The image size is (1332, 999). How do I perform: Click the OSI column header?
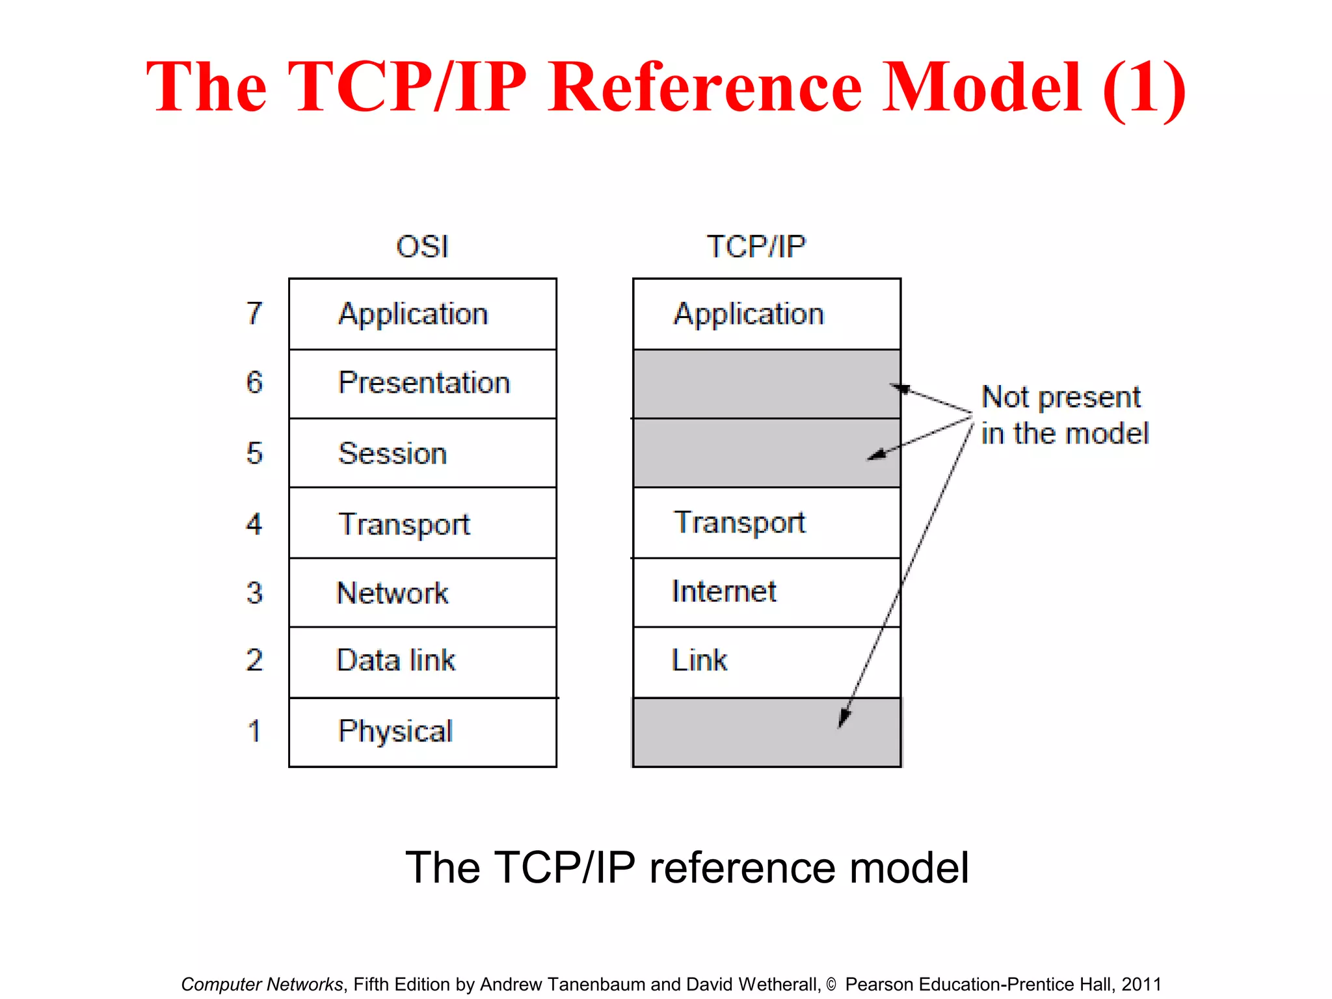pos(422,247)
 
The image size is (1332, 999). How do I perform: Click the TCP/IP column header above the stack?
pos(756,247)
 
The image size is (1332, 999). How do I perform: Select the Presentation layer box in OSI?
pos(423,383)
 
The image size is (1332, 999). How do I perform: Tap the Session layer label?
pos(392,453)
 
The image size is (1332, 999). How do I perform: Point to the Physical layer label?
pos(395,731)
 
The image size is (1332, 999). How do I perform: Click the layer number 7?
pos(254,313)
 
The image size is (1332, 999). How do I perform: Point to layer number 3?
pos(254,593)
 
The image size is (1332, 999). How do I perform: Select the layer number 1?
pos(254,731)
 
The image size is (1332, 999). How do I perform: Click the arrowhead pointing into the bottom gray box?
pos(844,719)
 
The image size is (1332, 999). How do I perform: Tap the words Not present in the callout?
pos(1061,397)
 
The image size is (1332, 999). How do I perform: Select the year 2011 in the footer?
pos(1141,984)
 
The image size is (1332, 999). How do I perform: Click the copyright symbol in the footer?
pos(831,985)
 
